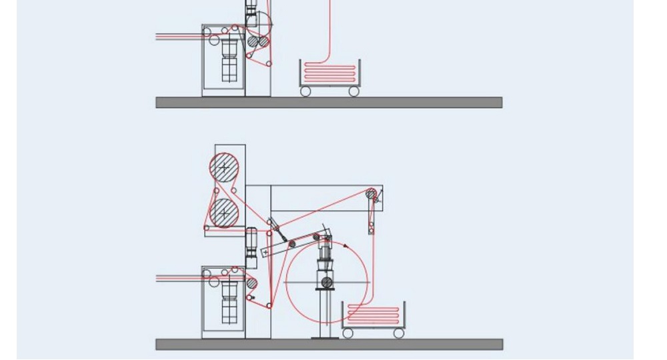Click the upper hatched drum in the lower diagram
(225, 166)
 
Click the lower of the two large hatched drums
(225, 213)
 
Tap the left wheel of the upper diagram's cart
(305, 91)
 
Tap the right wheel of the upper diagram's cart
(354, 91)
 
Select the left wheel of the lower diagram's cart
(348, 332)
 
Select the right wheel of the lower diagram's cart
(398, 332)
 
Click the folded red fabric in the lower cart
(373, 315)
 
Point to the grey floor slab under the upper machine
(329, 102)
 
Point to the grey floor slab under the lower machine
(329, 344)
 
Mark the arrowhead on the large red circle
(347, 246)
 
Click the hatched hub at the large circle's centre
(327, 283)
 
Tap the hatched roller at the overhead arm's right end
(371, 194)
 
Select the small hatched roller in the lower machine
(251, 283)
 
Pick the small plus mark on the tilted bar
(265, 252)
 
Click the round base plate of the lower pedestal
(327, 338)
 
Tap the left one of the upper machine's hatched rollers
(253, 41)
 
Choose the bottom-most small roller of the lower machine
(269, 305)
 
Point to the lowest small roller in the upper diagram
(269, 64)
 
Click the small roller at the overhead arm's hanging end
(371, 231)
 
